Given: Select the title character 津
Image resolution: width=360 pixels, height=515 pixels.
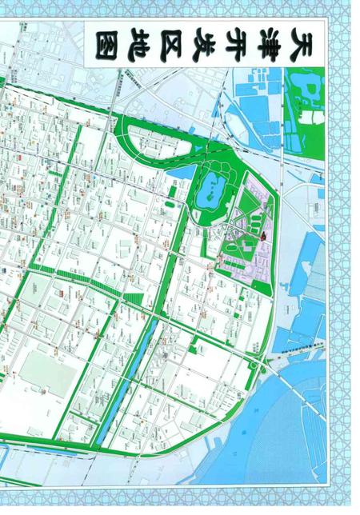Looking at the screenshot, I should coord(273,40).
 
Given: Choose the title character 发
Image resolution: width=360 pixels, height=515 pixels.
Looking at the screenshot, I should coord(205,40).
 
